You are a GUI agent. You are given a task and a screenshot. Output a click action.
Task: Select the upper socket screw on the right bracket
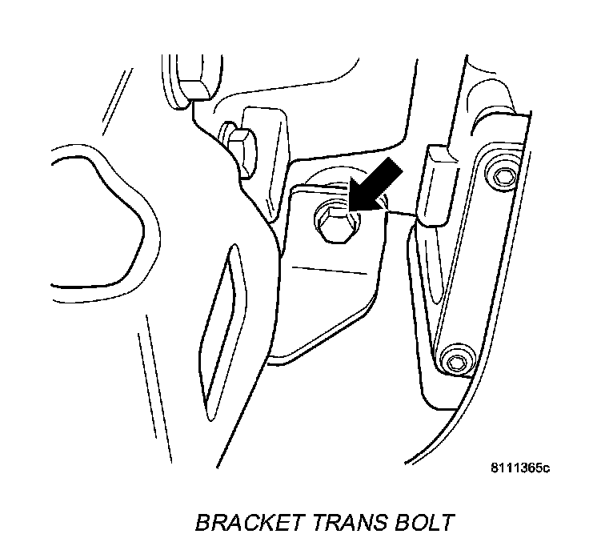504,175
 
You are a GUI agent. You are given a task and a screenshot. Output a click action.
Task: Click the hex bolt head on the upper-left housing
240,143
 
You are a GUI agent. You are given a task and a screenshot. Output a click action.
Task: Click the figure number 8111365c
520,468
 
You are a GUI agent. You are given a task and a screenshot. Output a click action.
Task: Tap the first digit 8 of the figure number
496,468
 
